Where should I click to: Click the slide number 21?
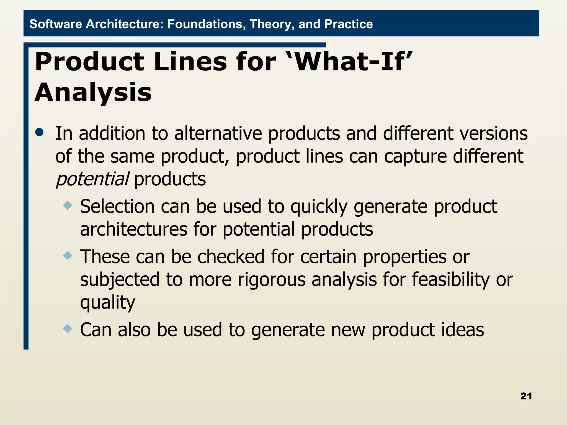tap(526, 396)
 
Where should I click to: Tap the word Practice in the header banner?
tap(348, 24)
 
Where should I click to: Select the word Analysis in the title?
tap(93, 92)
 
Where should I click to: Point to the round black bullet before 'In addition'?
tap(40, 132)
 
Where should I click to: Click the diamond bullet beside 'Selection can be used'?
tap(68, 206)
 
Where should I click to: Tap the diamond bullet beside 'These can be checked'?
tap(68, 256)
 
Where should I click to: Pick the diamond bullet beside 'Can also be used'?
tap(68, 329)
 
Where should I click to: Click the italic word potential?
tap(92, 179)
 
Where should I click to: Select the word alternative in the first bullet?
tap(218, 133)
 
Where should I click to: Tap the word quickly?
tap(319, 207)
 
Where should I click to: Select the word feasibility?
tap(451, 279)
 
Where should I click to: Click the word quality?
tap(107, 302)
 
